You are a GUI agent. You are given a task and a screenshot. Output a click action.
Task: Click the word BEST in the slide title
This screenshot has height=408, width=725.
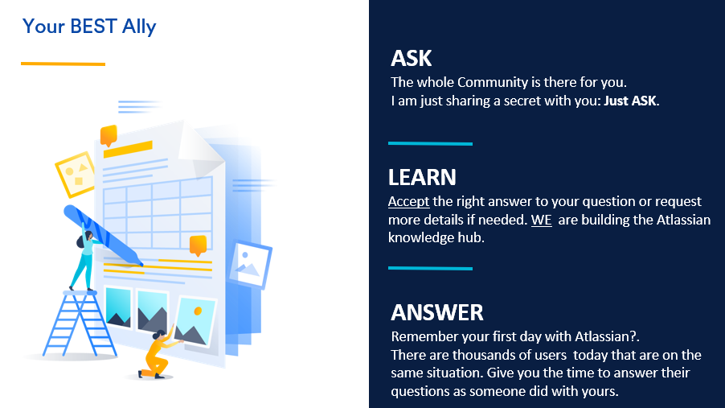[93, 27]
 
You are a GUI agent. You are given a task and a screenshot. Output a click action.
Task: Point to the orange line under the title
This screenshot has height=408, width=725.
[63, 64]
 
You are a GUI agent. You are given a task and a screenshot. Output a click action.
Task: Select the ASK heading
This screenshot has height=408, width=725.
[411, 59]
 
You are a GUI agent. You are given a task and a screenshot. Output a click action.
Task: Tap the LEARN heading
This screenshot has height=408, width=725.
[422, 177]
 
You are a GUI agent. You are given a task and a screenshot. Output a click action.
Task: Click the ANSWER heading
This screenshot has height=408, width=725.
[437, 312]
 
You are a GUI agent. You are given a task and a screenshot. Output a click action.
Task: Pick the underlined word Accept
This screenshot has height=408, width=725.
[409, 201]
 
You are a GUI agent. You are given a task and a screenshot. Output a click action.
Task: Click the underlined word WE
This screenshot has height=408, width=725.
[542, 220]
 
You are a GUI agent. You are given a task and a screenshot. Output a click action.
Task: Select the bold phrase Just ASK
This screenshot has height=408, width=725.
[630, 101]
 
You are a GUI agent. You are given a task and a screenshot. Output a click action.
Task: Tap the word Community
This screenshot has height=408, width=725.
[493, 82]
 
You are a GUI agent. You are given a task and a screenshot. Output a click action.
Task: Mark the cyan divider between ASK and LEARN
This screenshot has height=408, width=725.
[431, 143]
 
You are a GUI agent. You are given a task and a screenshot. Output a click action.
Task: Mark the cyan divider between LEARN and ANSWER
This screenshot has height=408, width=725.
[431, 268]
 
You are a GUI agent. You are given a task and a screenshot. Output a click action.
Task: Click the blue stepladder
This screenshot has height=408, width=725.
[80, 324]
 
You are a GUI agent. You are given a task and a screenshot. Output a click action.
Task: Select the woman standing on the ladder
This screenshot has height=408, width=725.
[85, 257]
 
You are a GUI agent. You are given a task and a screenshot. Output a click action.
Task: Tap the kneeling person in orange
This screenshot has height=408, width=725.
[158, 354]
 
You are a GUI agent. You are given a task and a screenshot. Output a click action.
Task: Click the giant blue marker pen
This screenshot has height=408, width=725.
[102, 235]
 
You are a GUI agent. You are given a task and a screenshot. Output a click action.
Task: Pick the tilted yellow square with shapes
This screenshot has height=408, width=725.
[76, 174]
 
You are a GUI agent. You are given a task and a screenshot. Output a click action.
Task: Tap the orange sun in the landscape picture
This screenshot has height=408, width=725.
[198, 311]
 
